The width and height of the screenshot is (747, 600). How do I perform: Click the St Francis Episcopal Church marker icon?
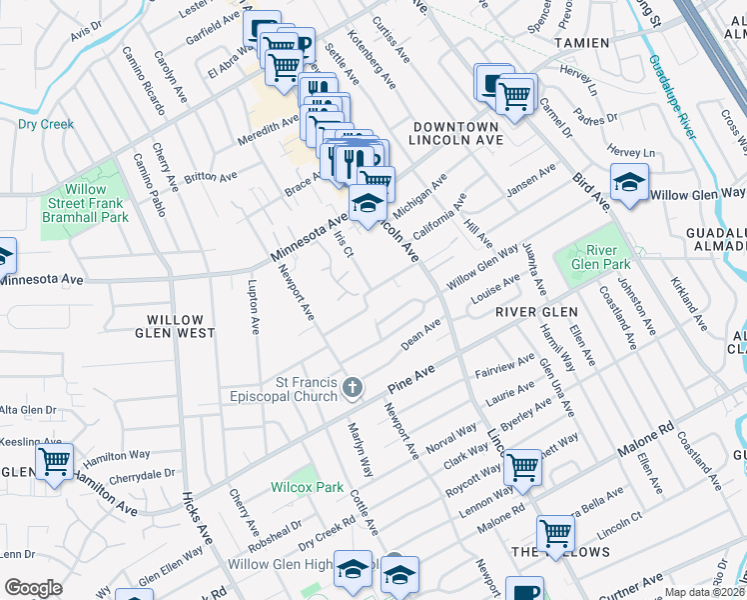pos(352,387)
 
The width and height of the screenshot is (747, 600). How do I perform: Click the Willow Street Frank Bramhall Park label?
pos(97,203)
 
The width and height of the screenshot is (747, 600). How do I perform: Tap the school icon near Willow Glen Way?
pos(629,183)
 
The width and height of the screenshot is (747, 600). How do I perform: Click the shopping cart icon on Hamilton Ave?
pos(54,463)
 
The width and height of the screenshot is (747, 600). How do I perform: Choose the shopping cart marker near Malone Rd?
pos(555,534)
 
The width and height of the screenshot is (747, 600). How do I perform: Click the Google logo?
pos(33,588)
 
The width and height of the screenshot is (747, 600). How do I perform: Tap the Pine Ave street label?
pos(413,377)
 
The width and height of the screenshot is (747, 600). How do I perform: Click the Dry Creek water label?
pos(46,125)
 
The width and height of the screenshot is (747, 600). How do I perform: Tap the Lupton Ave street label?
pos(253,307)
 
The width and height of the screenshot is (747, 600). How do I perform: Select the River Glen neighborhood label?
pos(536,313)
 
